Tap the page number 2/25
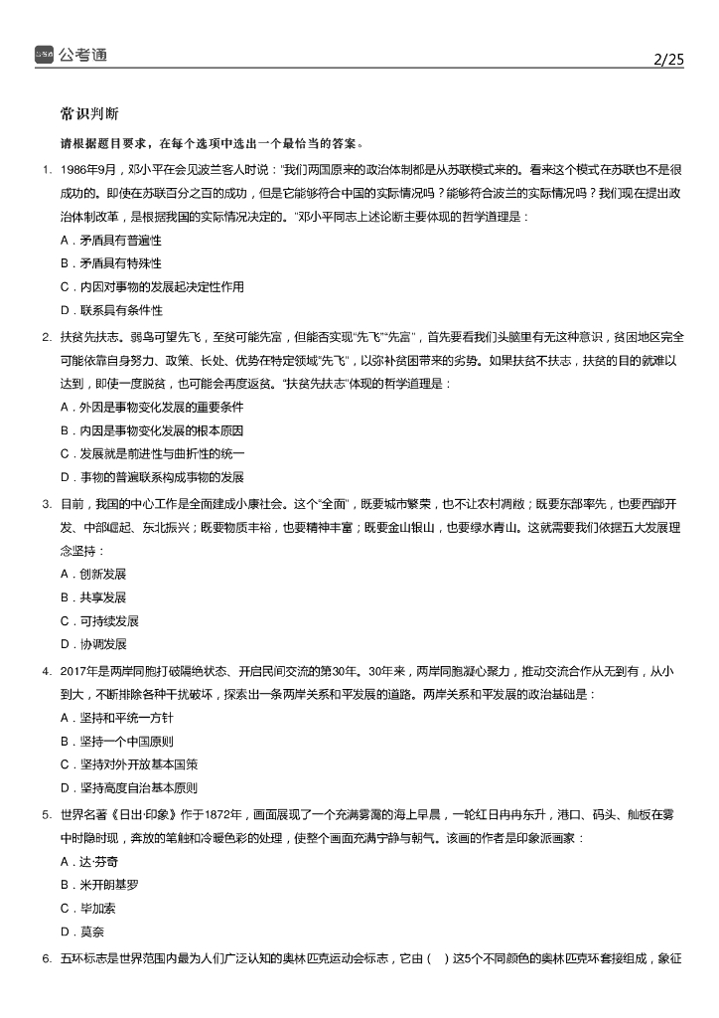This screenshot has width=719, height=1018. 669,60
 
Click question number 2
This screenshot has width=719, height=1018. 47,336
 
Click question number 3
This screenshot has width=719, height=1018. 47,504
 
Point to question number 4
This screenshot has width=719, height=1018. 47,671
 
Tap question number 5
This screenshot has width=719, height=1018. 47,814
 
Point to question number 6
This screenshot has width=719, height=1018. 47,958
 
